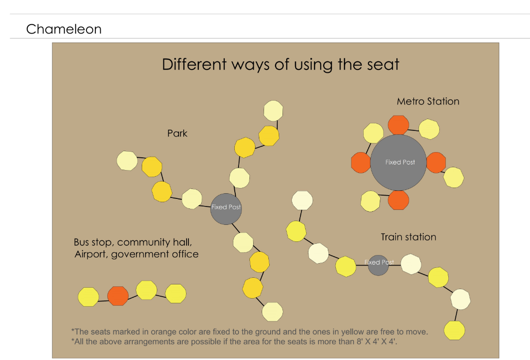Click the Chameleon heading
coord(64,29)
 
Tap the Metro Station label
coord(428,101)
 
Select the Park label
coord(177,134)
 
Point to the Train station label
coord(409,237)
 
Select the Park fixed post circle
coord(226,208)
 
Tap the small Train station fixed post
coord(378,265)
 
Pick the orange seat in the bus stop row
coord(118,296)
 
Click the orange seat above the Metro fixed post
coord(398,125)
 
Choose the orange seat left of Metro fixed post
coord(360,163)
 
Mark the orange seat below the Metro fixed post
coord(398,200)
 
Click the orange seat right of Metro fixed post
coord(436,163)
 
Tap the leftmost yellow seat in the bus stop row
coord(88,297)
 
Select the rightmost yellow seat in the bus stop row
coord(176,293)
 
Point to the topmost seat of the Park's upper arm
coord(273,111)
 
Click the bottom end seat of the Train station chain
coord(454,330)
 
